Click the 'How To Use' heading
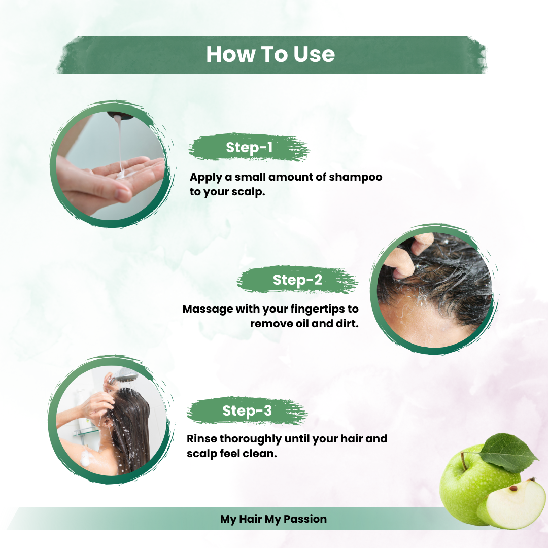click(x=270, y=54)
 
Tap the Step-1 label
click(x=249, y=148)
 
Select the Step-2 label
click(x=297, y=280)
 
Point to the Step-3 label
click(x=247, y=411)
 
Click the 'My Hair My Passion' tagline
click(x=273, y=519)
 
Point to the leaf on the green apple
click(x=507, y=452)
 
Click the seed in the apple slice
click(x=513, y=488)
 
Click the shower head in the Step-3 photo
click(x=126, y=377)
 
